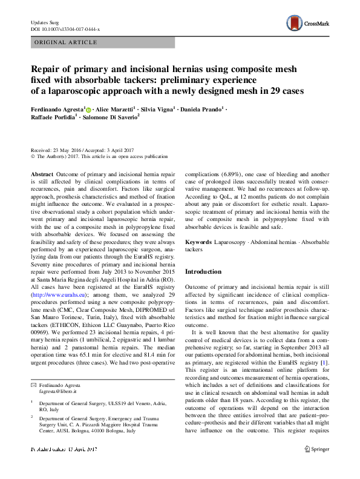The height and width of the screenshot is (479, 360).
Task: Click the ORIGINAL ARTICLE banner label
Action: (x=65, y=42)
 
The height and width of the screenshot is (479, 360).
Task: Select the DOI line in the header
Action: (x=65, y=28)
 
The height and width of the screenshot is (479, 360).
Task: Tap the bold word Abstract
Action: (x=42, y=173)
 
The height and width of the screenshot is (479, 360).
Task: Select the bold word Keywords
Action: (x=199, y=242)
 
